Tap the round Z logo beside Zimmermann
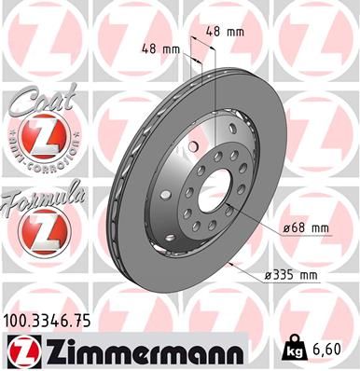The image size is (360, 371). click(21, 350)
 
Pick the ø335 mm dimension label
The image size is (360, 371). click(291, 274)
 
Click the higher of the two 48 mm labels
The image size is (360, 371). click(228, 31)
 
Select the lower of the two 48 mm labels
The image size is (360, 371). click(159, 48)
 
